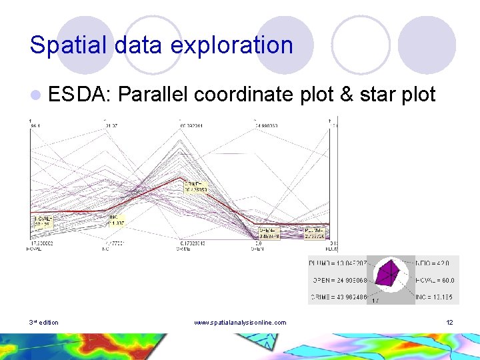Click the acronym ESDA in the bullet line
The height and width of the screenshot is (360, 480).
pyautogui.click(x=79, y=95)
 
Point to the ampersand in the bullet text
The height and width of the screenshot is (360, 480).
pyautogui.click(x=347, y=95)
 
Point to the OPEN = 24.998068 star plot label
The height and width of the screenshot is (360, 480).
pyautogui.click(x=338, y=280)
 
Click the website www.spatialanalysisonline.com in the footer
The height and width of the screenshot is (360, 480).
pyautogui.click(x=240, y=323)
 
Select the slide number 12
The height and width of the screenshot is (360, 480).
pyautogui.click(x=449, y=323)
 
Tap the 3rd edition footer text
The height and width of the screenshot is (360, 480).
pyautogui.click(x=44, y=323)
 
